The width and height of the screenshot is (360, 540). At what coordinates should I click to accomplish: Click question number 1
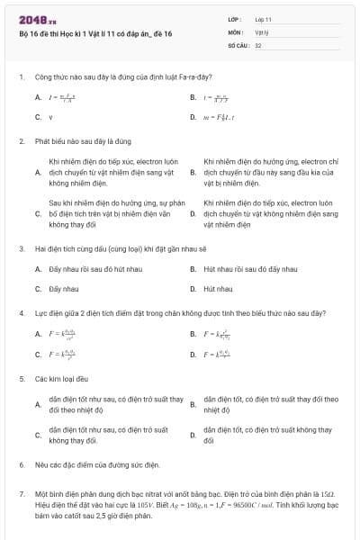point(22,76)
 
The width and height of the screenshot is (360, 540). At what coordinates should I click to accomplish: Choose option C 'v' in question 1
point(50,117)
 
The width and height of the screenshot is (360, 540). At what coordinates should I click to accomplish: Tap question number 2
point(22,141)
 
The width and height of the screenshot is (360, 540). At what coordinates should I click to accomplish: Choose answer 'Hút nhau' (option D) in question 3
point(217,289)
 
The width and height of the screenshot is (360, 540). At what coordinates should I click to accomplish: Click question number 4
point(22,313)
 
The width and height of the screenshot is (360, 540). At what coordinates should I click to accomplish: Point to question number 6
point(22,465)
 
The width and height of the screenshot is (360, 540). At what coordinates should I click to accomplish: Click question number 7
point(22,494)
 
